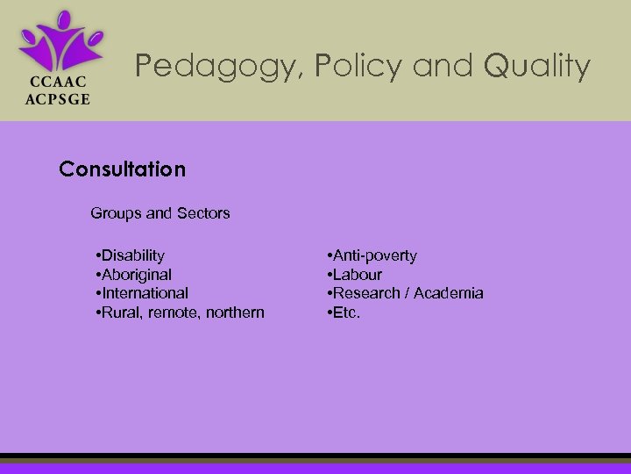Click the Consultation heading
click(x=123, y=169)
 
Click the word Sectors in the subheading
click(x=203, y=213)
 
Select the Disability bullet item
click(x=132, y=255)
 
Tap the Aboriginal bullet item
click(x=136, y=275)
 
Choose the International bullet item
click(x=144, y=293)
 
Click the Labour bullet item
click(x=356, y=275)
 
